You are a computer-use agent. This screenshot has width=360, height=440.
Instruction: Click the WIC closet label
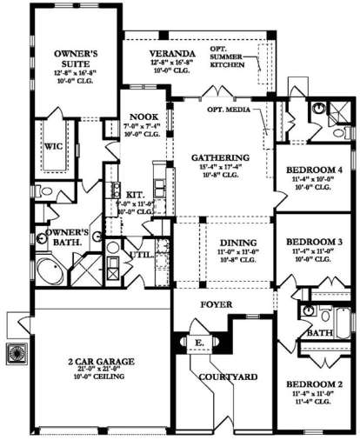pos(51,147)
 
